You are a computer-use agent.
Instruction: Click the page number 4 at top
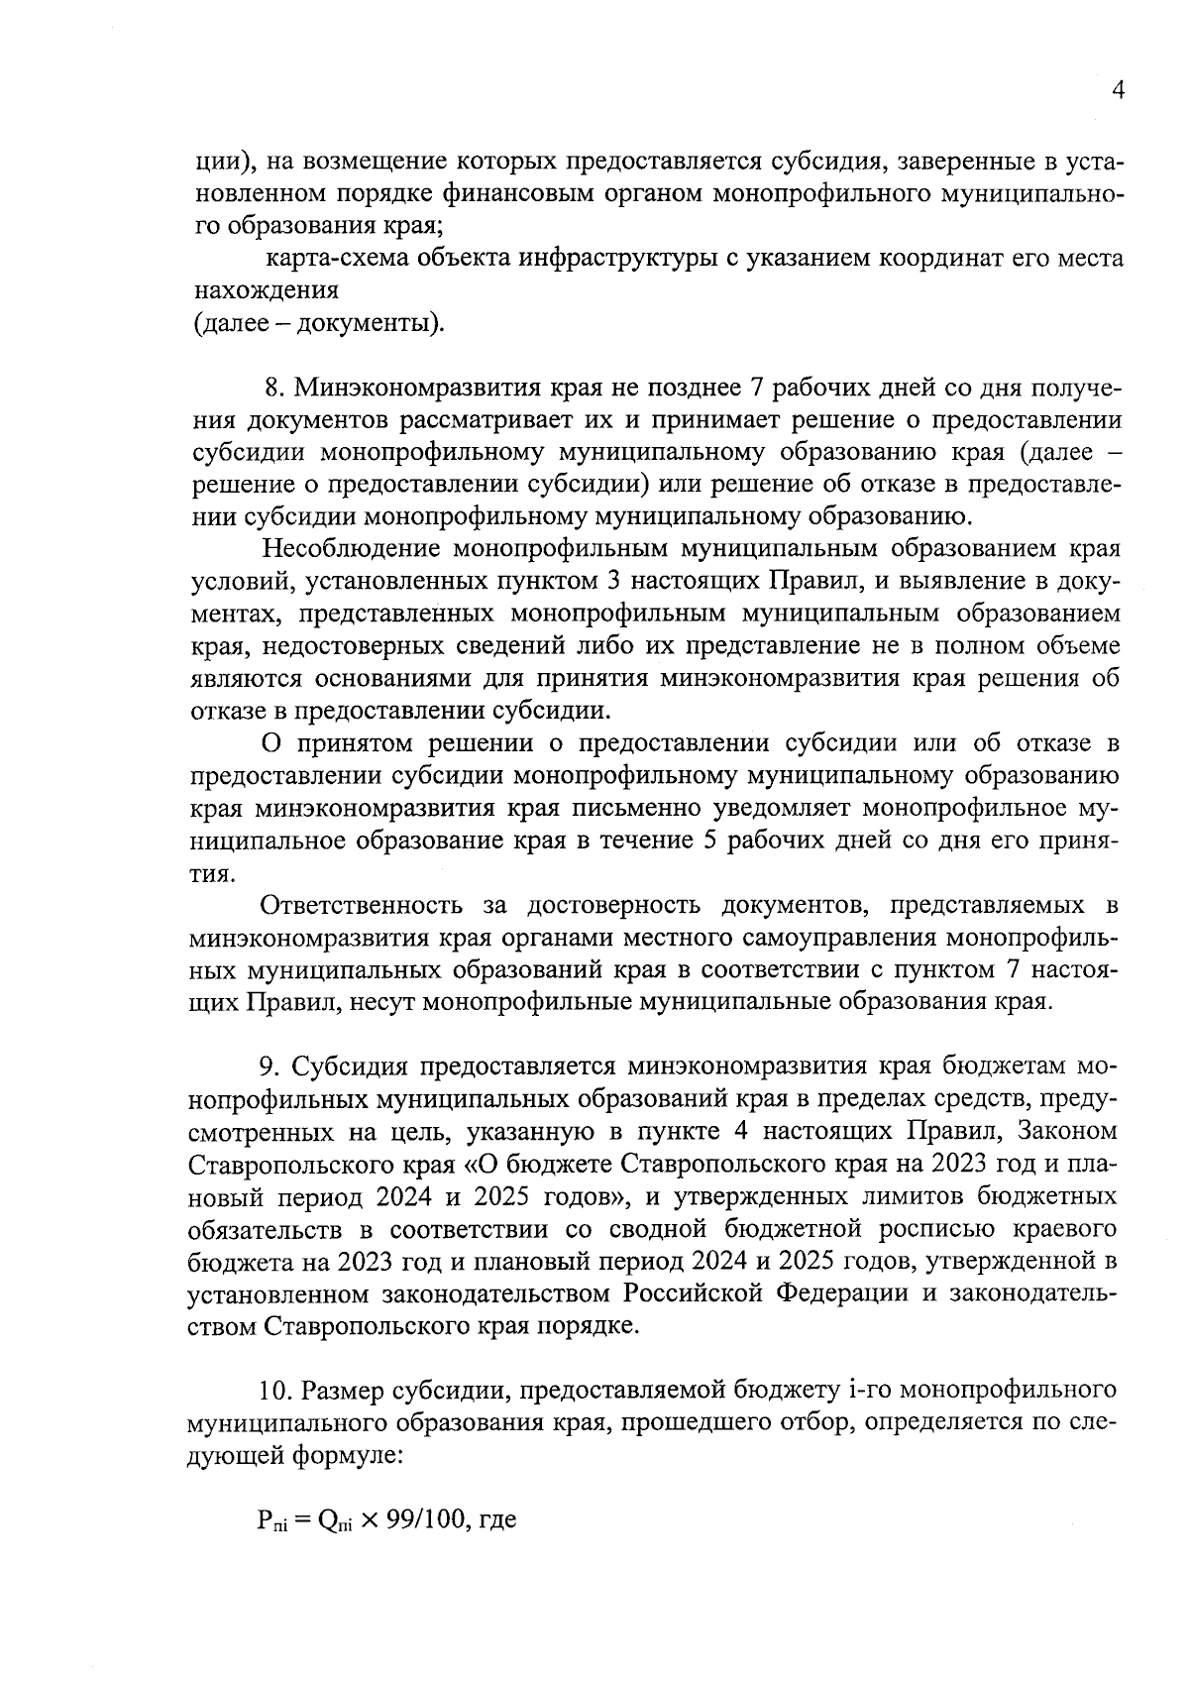[x=1118, y=91]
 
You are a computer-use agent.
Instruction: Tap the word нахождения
[x=265, y=291]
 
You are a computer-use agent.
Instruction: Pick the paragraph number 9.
[x=267, y=1066]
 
